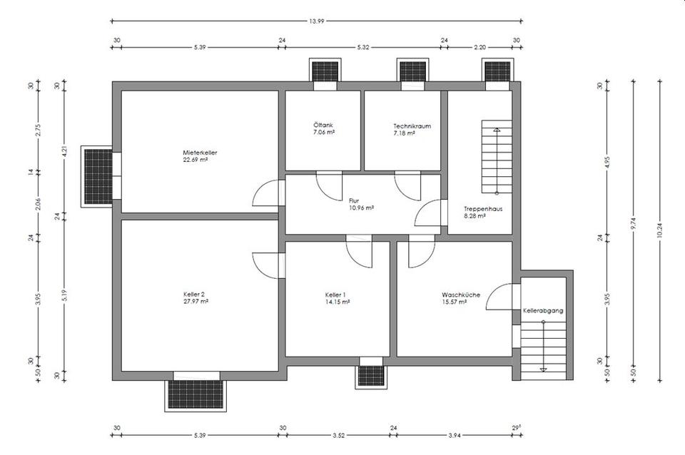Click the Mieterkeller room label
coord(200,153)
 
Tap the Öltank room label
coord(323,125)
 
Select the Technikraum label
coord(412,126)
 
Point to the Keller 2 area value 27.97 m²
coord(196,301)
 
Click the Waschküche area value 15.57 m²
coord(455,302)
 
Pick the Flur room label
coord(354,201)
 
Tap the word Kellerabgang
coord(543,311)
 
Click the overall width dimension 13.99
coord(316,21)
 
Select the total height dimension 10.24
coord(659,230)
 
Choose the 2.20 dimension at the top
coord(479,47)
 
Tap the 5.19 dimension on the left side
coord(64,296)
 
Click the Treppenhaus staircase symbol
coord(497,157)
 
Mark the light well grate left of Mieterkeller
coord(98,176)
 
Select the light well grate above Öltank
coord(325,71)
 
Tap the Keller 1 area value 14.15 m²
coord(337,302)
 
